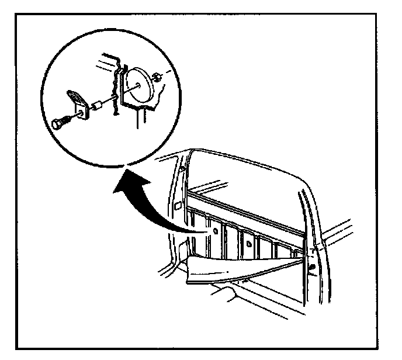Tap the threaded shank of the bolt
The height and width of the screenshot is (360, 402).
[x=67, y=119]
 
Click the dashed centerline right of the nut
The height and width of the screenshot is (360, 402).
[x=168, y=71]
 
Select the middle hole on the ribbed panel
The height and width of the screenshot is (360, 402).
[x=248, y=241]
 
